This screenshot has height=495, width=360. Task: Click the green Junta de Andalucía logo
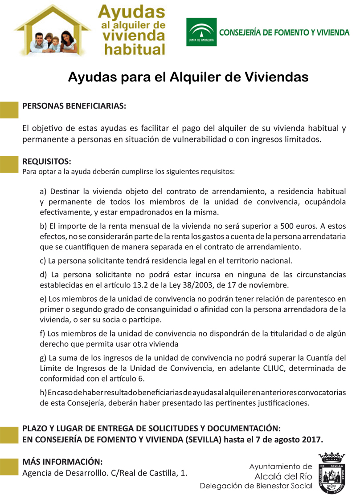coord(201,32)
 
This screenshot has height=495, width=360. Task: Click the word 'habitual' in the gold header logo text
coord(134,49)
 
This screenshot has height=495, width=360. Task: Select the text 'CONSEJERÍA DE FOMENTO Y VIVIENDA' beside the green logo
coord(284,32)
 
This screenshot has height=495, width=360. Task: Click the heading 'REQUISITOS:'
coord(47,161)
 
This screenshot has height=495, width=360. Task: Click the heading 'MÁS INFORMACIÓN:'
coord(62,461)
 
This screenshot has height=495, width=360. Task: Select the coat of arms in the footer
coord(332,473)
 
